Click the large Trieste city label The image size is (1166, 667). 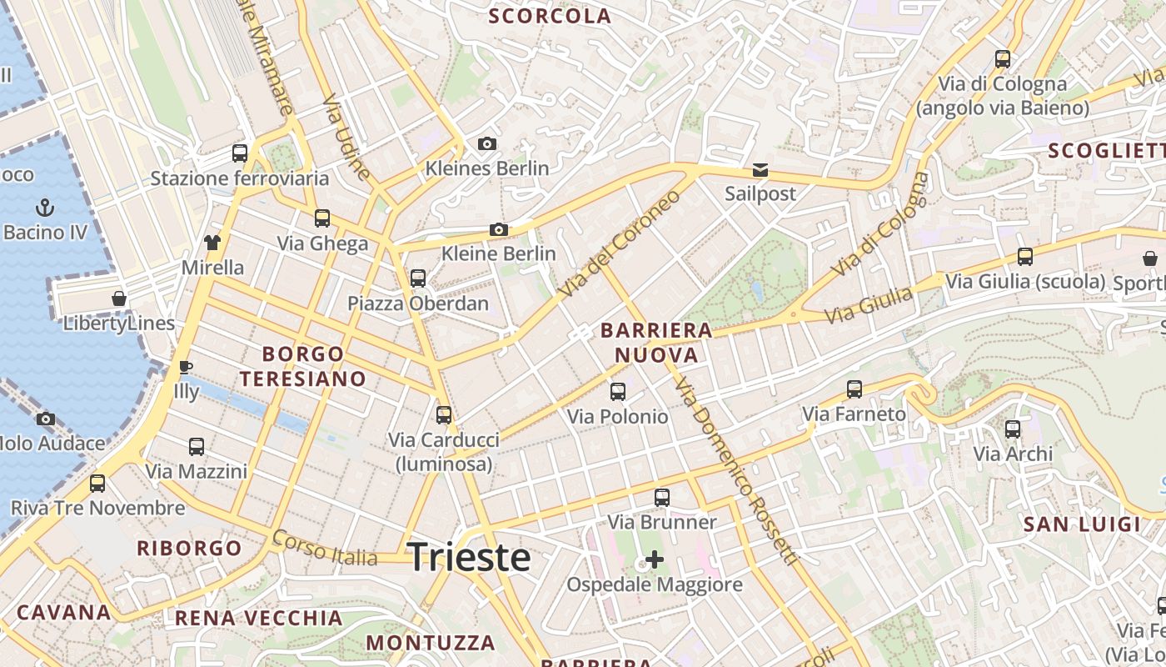[469, 557]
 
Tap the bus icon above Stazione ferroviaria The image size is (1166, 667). [240, 153]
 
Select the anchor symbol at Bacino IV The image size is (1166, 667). [45, 207]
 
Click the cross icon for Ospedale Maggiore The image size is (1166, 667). [655, 559]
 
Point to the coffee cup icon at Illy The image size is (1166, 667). [186, 367]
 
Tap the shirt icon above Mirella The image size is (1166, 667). [212, 243]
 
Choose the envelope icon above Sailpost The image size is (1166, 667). [760, 170]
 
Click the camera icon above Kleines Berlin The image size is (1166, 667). [487, 144]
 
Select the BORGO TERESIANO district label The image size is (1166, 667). [303, 366]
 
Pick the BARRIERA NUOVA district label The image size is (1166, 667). [656, 343]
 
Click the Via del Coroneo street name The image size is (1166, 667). [620, 243]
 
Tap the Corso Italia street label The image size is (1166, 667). [325, 548]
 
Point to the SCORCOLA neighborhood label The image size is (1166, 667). [550, 16]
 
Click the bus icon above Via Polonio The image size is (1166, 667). [617, 391]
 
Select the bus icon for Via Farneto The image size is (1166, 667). [854, 389]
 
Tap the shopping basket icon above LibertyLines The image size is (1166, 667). [119, 298]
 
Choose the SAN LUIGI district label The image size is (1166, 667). [1081, 524]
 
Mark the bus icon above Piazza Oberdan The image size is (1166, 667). [418, 278]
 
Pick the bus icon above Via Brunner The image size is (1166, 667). [662, 498]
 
